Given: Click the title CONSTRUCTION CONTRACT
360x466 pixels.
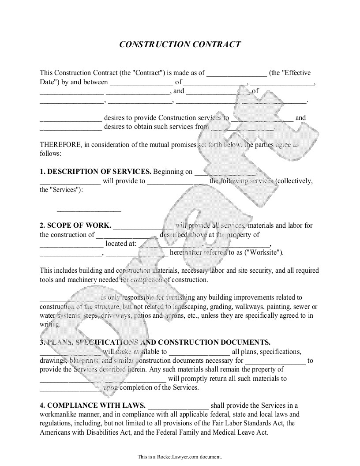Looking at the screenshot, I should click(x=180, y=45).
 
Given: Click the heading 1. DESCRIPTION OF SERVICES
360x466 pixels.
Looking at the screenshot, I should click(x=95, y=172).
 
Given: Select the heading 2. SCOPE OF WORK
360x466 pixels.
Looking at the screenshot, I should click(x=75, y=225).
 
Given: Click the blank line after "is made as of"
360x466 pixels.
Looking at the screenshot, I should click(x=236, y=74).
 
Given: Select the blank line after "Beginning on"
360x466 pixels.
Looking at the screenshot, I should click(x=225, y=173).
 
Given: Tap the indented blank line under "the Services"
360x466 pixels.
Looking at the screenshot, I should click(x=89, y=210).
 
